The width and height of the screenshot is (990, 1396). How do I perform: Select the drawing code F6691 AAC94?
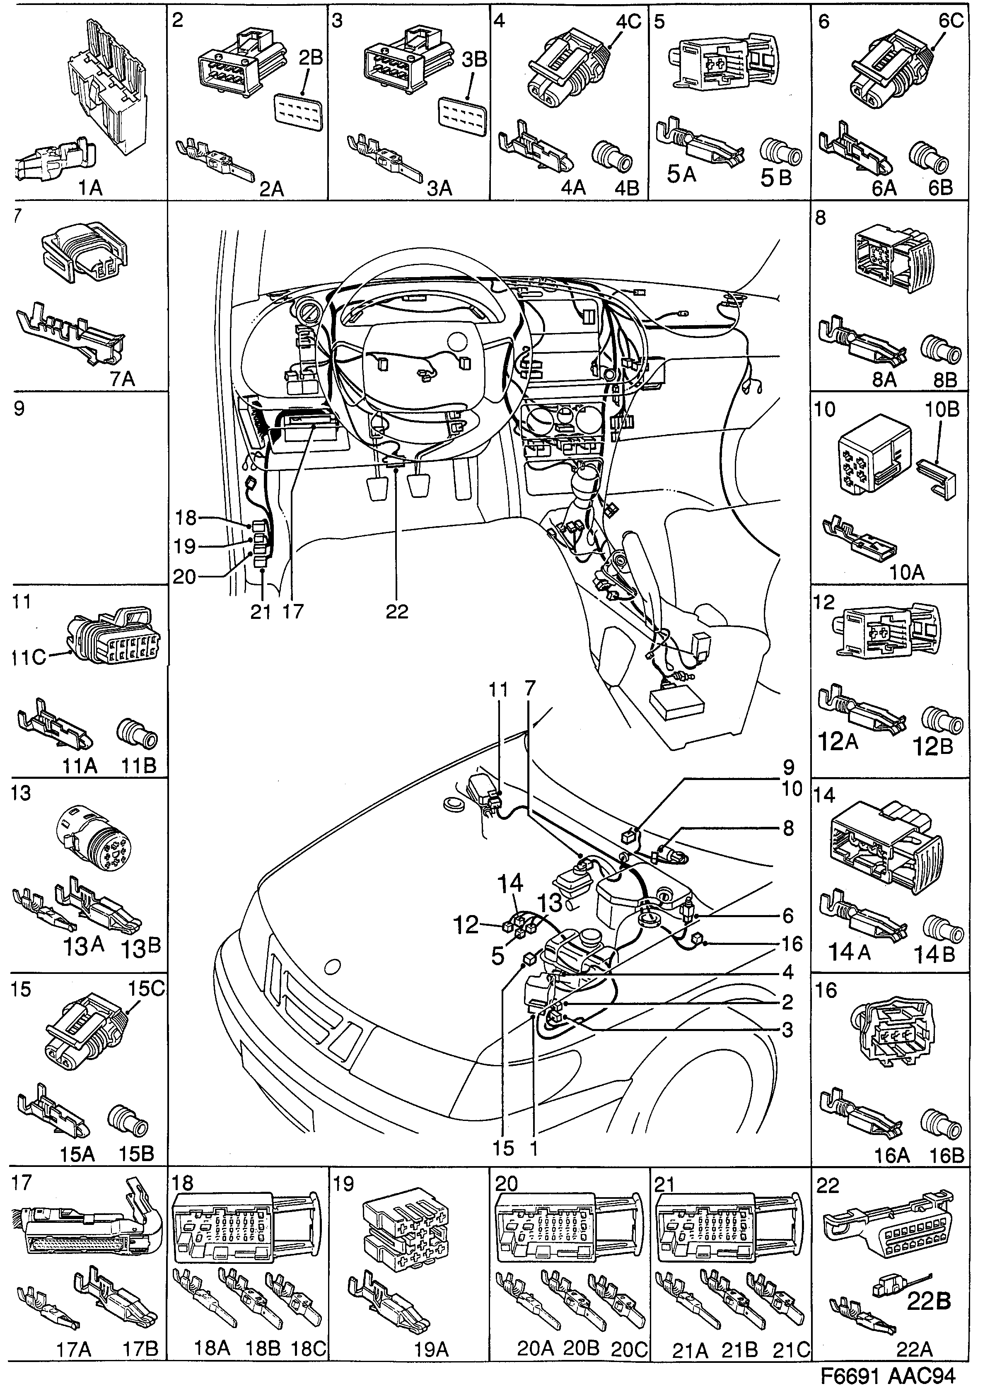pyautogui.click(x=887, y=1375)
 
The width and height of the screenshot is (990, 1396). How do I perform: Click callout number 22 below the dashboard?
pyautogui.click(x=396, y=611)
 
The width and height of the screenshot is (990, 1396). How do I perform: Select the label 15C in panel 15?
pyautogui.click(x=145, y=989)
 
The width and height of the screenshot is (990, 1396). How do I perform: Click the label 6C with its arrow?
pyautogui.click(x=950, y=22)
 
